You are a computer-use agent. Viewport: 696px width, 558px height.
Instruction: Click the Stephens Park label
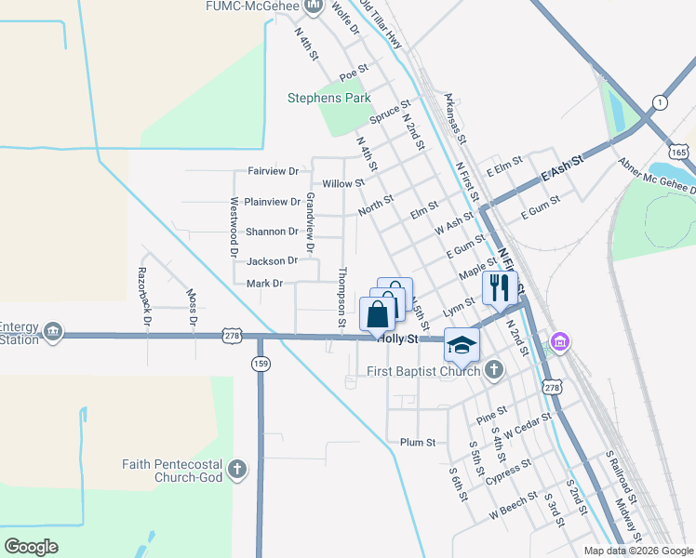point(328,98)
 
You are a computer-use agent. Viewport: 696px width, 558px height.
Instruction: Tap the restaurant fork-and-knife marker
point(501,289)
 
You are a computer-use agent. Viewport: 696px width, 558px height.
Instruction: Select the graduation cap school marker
point(461,345)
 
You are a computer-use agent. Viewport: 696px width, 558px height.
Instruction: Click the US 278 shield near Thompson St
point(233,333)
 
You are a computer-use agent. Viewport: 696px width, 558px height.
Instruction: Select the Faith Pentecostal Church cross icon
point(238,471)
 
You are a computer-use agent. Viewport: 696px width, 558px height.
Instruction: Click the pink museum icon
point(560,344)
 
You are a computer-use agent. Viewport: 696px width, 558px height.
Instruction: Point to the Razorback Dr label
point(144,294)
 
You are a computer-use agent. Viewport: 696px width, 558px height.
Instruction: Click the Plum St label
point(417,443)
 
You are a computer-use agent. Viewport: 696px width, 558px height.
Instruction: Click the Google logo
point(31,547)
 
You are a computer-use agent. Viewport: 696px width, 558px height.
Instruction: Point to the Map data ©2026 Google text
point(637,551)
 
